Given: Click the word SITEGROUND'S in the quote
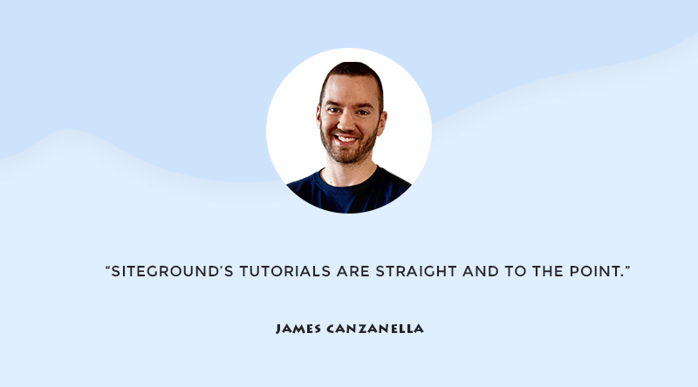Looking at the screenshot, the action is point(172,271).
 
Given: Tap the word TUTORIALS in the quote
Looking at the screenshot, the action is point(285,271).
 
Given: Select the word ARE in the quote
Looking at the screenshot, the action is point(353,271).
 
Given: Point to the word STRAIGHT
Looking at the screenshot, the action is point(416,271).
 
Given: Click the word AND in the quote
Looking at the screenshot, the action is point(481,271).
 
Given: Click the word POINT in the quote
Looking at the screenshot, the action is point(595,271).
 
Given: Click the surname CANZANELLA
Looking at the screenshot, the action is point(375,329).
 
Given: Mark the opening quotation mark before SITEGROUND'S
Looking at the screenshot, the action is point(107,268).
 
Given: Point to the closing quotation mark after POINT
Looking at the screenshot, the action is point(627,268).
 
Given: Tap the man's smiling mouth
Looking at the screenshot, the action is point(346,139).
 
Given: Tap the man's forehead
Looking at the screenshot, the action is point(350,92).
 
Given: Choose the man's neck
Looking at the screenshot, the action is point(351,171).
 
